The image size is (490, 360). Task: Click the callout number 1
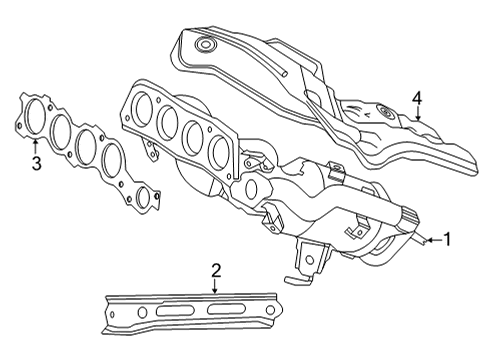click(x=448, y=239)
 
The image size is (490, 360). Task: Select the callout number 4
click(x=417, y=98)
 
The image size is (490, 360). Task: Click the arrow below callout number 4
click(x=417, y=117)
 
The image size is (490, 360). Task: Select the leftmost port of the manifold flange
click(x=144, y=105)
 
